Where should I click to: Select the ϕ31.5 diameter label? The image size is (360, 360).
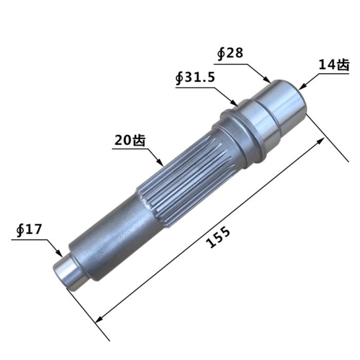tap(195, 78)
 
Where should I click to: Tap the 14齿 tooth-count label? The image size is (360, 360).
tap(334, 65)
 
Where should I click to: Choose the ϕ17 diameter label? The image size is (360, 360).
tap(29, 229)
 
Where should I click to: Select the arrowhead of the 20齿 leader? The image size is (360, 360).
tap(163, 164)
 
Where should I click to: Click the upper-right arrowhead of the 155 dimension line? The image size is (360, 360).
tap(323, 139)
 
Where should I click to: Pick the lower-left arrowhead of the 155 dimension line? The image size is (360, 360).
tap(98, 320)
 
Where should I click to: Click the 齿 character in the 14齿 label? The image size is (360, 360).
tap(343, 65)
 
